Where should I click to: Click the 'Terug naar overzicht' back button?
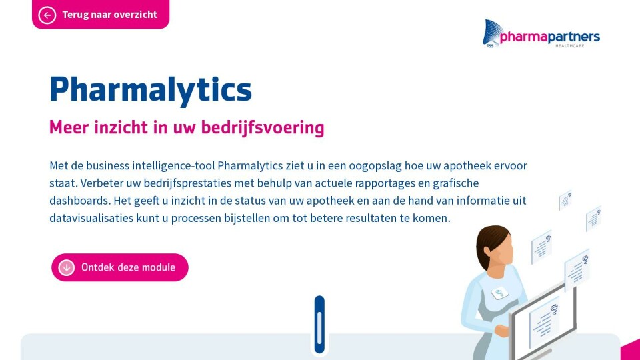pyautogui.click(x=101, y=14)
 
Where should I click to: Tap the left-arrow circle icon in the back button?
pyautogui.click(x=47, y=15)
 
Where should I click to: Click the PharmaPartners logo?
pyautogui.click(x=541, y=34)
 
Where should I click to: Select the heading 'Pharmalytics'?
pyautogui.click(x=151, y=89)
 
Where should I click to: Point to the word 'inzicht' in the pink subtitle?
pyautogui.click(x=121, y=127)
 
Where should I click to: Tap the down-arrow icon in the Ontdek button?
pyautogui.click(x=67, y=268)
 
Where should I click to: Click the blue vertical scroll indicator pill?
pyautogui.click(x=319, y=325)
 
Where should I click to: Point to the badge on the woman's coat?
pyautogui.click(x=499, y=293)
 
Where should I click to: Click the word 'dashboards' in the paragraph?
pyautogui.click(x=79, y=201)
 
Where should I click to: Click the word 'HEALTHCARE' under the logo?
pyautogui.click(x=570, y=46)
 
